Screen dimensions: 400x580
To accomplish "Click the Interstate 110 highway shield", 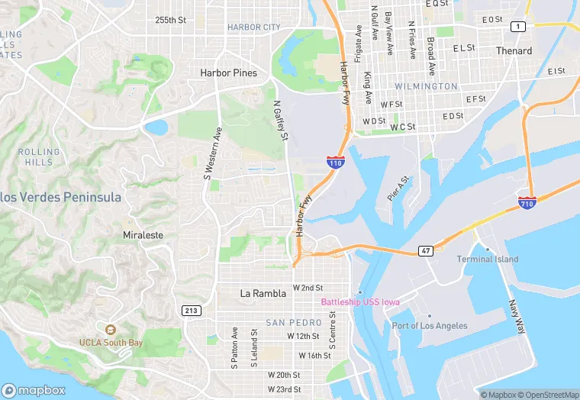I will point(335,162).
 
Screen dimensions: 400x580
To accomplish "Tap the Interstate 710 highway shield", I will point(527,201).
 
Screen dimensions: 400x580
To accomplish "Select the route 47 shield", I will point(425,251).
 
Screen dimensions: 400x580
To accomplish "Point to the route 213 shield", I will point(192,310).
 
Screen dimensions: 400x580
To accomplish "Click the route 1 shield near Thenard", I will point(519,27).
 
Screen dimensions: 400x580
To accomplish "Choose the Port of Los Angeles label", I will point(430,326).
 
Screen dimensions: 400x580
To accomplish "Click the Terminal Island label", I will point(488,259).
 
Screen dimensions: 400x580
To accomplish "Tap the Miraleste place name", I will point(143,235).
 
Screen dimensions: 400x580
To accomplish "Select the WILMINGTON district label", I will point(427,86).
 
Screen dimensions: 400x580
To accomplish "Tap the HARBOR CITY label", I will point(254,27).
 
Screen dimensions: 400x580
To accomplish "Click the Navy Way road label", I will point(517,316).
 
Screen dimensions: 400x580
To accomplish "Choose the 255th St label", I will point(170,20).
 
